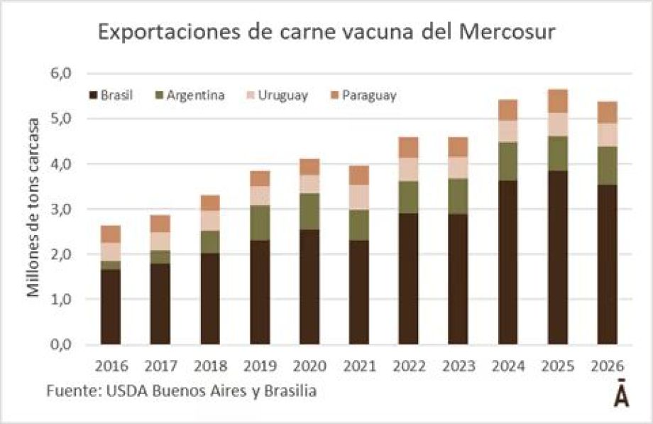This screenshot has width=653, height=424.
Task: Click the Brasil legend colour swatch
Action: pyautogui.click(x=92, y=95)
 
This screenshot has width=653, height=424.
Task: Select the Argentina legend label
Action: pyautogui.click(x=196, y=95)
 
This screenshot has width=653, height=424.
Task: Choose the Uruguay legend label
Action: pyautogui.click(x=283, y=95)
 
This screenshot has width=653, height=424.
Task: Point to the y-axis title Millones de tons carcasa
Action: pyautogui.click(x=33, y=210)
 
